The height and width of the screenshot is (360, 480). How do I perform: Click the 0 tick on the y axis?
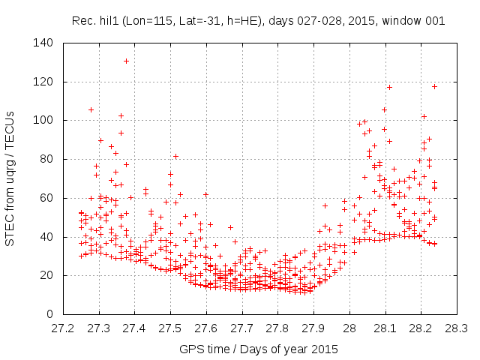click(x=49, y=314)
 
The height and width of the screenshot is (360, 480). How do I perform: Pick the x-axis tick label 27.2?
click(x=63, y=328)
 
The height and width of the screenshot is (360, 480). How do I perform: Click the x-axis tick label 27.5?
click(x=170, y=328)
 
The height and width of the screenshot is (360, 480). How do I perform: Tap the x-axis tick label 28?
click(x=349, y=328)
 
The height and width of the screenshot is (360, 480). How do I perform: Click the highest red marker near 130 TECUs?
click(x=127, y=61)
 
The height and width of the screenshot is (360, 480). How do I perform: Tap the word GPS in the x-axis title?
click(x=190, y=349)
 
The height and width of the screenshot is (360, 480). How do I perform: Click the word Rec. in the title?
click(x=83, y=21)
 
